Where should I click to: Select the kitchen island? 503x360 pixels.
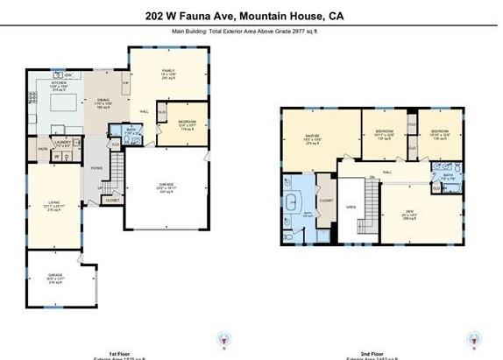tap(57, 103)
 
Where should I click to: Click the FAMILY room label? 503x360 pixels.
tap(166, 71)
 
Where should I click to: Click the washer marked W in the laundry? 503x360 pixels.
tap(55, 157)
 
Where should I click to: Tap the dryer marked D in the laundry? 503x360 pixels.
tap(67, 157)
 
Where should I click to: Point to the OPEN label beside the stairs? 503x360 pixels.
tap(351, 208)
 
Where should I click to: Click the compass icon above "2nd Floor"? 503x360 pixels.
tap(474, 340)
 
